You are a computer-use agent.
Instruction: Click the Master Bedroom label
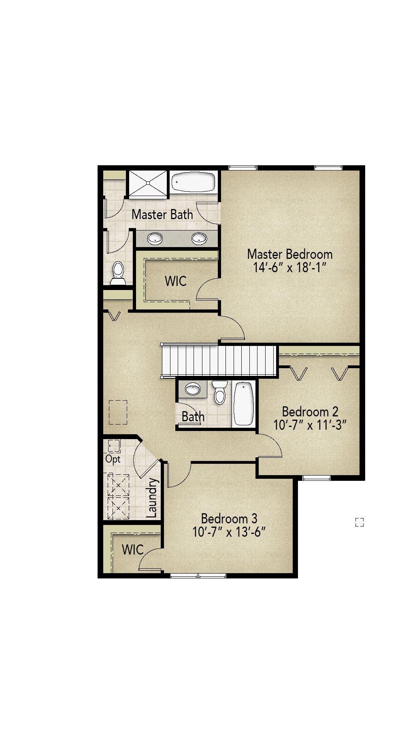289,254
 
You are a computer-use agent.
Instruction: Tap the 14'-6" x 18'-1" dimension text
289,267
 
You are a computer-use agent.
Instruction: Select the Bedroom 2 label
310,412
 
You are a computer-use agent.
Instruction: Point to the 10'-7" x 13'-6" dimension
229,532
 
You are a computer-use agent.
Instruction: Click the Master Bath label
162,214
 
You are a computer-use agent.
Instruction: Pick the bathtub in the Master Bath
193,183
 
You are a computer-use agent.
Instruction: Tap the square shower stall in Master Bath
148,183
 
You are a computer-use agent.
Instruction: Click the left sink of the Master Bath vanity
155,238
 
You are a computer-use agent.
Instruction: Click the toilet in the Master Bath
118,272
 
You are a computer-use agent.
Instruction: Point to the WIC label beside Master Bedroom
175,281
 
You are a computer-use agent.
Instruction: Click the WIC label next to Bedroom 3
132,550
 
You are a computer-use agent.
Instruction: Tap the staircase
219,361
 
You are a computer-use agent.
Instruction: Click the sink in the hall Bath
192,390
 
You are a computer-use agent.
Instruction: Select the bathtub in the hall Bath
244,403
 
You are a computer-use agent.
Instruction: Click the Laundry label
151,498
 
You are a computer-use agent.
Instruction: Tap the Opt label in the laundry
113,459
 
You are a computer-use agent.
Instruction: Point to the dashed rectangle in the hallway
118,412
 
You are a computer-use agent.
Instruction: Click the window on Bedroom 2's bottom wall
317,478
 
